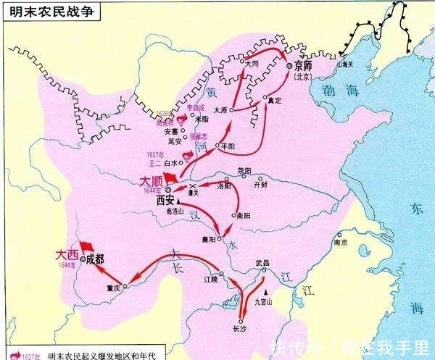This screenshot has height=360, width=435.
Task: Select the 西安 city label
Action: coord(166,202)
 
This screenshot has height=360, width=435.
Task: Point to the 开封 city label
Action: coord(261,184)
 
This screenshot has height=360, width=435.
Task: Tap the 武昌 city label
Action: coord(253,264)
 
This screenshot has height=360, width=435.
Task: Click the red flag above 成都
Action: coord(86,244)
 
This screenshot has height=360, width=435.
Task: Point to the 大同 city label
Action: coord(252,63)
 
